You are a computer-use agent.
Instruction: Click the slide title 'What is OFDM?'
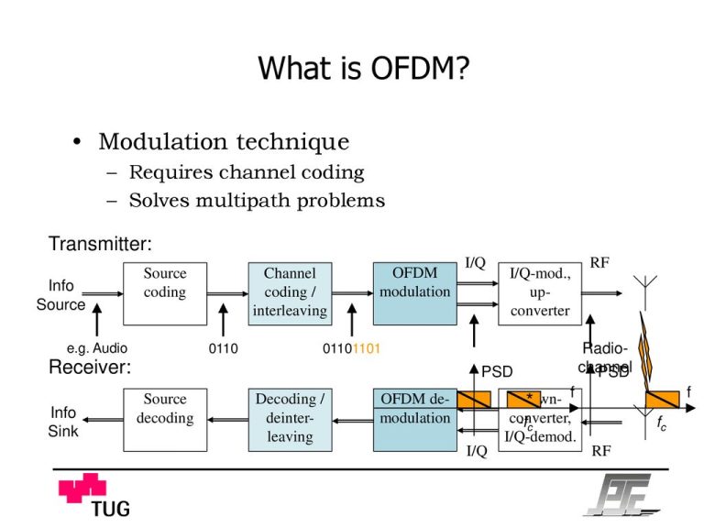[x=364, y=68]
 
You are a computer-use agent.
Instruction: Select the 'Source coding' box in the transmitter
[x=165, y=292]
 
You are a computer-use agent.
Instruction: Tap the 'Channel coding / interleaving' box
[x=290, y=292]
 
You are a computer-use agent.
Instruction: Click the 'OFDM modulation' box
[x=414, y=292]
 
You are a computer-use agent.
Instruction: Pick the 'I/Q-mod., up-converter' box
[x=540, y=292]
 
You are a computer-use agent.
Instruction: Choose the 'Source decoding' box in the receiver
[x=165, y=419]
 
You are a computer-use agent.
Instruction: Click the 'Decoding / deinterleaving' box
[x=290, y=419]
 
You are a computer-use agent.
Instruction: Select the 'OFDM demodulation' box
[x=414, y=419]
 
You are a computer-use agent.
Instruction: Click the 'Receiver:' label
[x=89, y=368]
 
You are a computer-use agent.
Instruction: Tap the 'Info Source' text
[x=60, y=295]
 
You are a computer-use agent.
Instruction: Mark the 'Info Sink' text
[x=62, y=422]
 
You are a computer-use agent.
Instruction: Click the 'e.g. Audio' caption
[x=97, y=348]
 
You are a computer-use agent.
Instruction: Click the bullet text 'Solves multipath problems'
[x=257, y=200]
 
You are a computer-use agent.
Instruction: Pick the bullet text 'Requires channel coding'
[x=247, y=172]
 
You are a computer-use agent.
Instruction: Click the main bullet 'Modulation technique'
[x=224, y=142]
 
